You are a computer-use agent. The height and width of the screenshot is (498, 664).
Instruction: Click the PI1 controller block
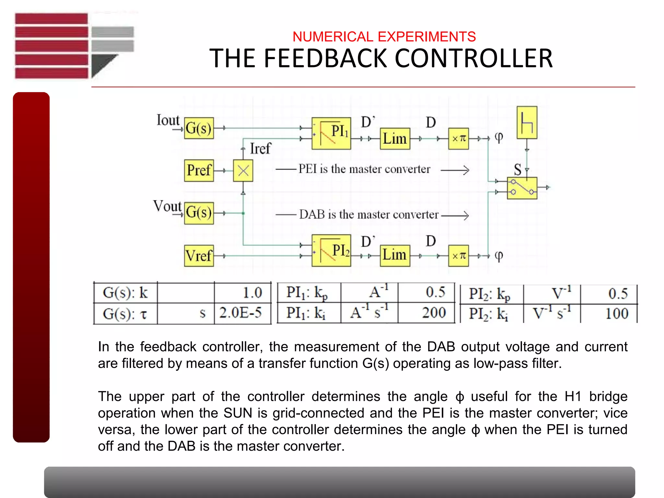[x=331, y=133]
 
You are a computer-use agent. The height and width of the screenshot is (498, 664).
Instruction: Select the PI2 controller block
[x=331, y=251]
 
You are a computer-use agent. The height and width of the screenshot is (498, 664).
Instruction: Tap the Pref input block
[x=199, y=170]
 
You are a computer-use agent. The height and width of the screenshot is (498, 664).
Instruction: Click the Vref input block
[x=199, y=256]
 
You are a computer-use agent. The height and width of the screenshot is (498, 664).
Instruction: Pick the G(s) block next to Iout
[x=199, y=128]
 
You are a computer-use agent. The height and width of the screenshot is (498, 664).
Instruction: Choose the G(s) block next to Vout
[x=199, y=213]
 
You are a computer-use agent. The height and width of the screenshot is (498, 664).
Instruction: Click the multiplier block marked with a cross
[x=243, y=171]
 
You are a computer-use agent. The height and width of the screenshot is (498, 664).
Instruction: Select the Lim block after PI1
[x=395, y=139]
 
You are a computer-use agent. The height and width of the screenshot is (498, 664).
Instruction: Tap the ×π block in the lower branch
[x=458, y=256]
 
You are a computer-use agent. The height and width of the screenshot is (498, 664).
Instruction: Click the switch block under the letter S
[x=522, y=188]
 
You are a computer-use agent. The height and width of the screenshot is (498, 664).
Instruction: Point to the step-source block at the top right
[x=527, y=123]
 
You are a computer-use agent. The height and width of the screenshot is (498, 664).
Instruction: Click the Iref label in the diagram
[x=260, y=149]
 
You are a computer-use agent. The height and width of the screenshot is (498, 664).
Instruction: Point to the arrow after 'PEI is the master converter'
[x=455, y=170]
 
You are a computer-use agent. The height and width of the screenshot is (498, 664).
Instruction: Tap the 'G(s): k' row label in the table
[x=125, y=293]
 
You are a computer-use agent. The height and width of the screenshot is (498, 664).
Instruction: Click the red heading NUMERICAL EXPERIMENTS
[x=384, y=37]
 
